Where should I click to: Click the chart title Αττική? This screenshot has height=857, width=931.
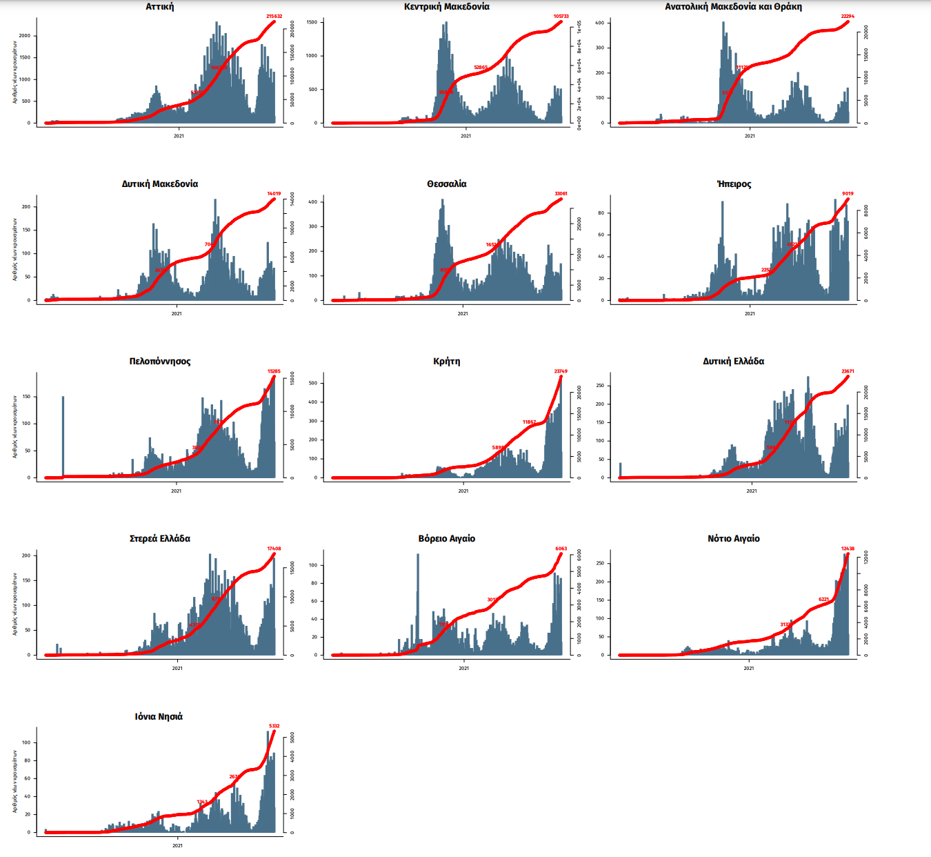tap(160, 7)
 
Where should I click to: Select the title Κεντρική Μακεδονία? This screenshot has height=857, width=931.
tap(447, 7)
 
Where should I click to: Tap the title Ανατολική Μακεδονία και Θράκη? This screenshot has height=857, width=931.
tap(733, 7)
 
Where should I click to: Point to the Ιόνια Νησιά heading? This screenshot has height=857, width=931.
tap(159, 717)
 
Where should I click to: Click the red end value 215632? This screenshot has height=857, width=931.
tap(274, 16)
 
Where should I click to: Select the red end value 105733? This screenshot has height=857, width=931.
tap(561, 16)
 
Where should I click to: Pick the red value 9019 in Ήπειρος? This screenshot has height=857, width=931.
tap(848, 193)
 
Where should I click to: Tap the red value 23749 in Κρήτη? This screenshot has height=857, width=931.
tap(561, 371)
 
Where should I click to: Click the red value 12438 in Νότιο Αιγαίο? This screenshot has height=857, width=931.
tap(848, 549)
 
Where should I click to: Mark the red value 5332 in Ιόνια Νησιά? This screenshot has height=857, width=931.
tap(274, 726)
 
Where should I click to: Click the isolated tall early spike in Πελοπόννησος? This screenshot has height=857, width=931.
tap(63, 435)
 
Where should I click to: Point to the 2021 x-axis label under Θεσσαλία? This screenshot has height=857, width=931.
tap(463, 313)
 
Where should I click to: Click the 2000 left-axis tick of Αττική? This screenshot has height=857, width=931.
tap(25, 36)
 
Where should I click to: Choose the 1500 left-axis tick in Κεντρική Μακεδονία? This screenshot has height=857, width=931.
tap(312, 23)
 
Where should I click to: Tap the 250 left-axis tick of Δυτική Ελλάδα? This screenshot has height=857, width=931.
tap(600, 386)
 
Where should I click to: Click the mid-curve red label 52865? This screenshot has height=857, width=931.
tap(481, 68)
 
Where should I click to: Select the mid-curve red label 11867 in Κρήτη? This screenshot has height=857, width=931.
tap(529, 422)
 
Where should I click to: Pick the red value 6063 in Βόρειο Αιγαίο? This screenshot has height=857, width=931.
tap(561, 549)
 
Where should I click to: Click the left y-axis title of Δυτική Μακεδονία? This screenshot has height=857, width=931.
tap(14, 249)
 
